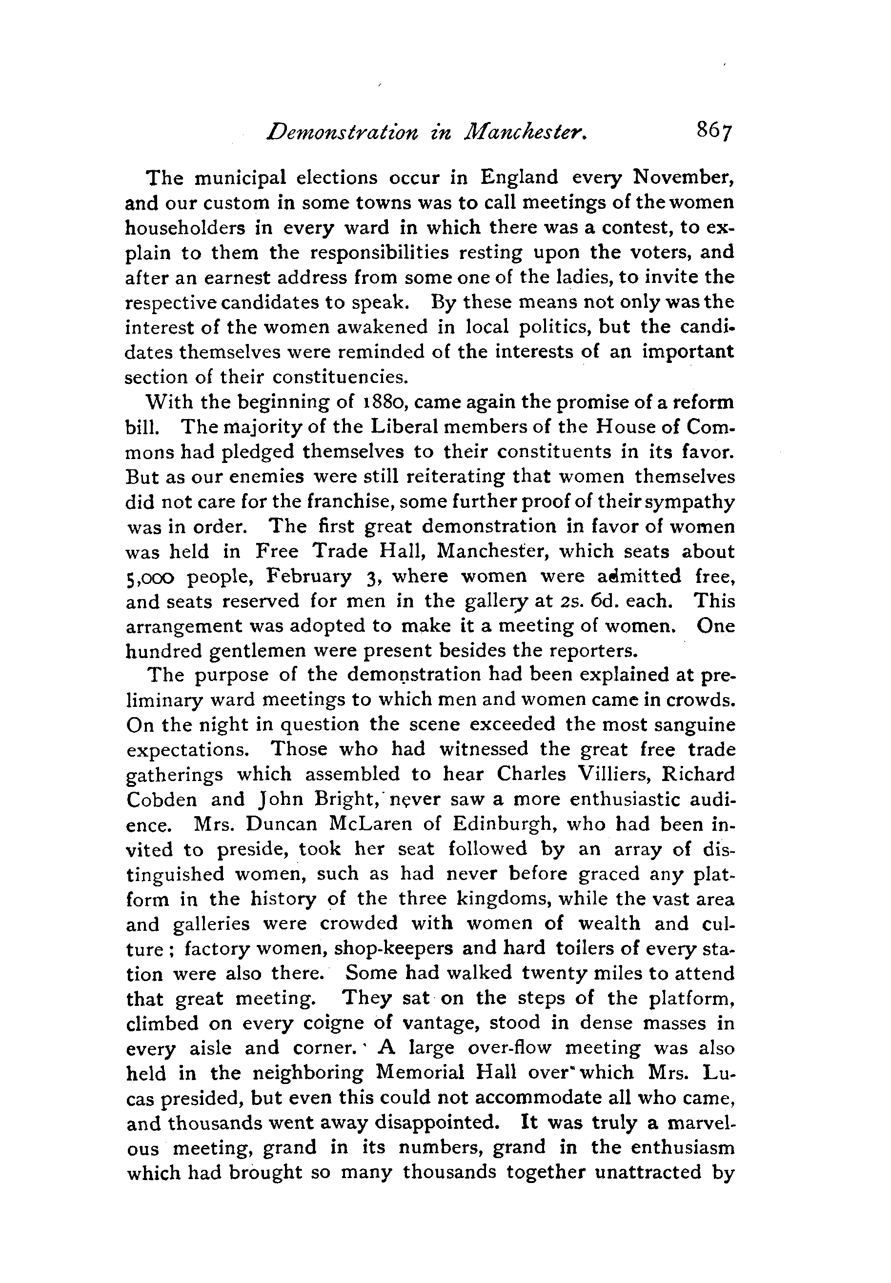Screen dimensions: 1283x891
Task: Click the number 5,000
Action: tap(150, 577)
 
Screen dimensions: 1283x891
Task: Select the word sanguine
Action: tap(688, 725)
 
